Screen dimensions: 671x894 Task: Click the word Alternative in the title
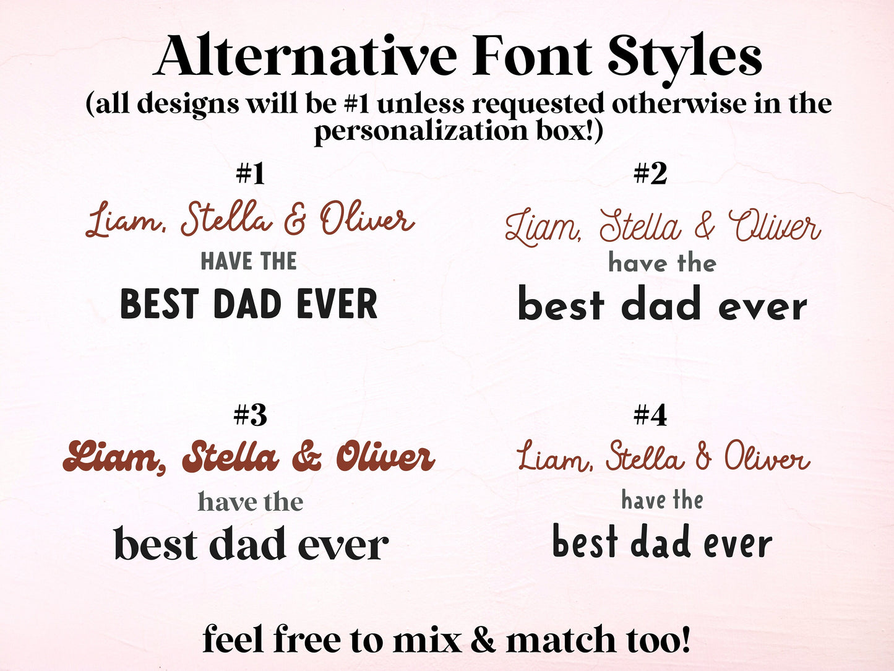point(306,57)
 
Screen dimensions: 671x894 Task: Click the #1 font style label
point(251,174)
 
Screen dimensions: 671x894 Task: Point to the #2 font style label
point(650,174)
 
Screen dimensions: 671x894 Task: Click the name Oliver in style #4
point(767,458)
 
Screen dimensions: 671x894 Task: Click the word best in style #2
point(561,305)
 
